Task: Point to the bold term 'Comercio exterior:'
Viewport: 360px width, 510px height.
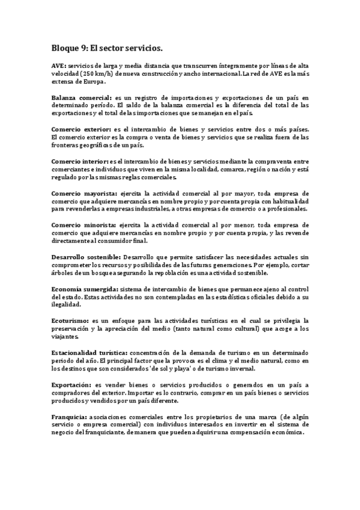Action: pyautogui.click(x=81, y=129)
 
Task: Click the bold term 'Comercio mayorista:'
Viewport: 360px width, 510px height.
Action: pyautogui.click(x=84, y=194)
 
